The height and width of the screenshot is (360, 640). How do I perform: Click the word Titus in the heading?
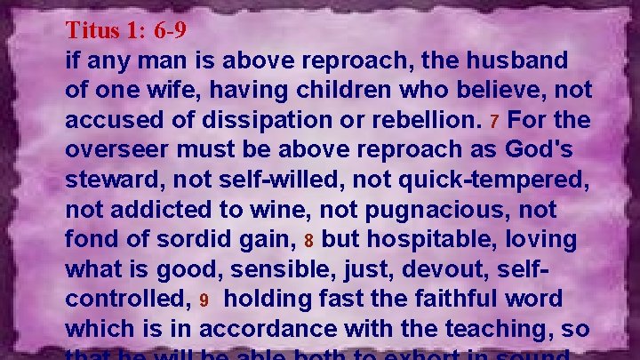[x=94, y=31]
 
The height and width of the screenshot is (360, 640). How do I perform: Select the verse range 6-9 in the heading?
[x=170, y=31]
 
